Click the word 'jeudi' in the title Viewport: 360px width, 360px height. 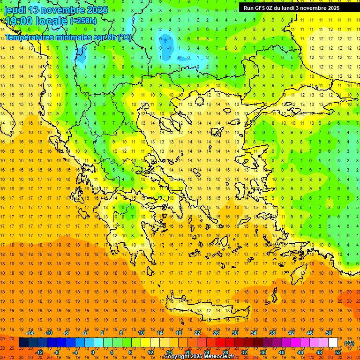[x=15, y=10]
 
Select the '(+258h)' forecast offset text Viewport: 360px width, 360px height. [x=84, y=21]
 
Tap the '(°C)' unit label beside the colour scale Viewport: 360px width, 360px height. [x=349, y=343]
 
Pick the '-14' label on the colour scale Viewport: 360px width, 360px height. [x=30, y=333]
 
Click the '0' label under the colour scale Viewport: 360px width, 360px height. [x=93, y=352]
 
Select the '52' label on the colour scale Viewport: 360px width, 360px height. [x=338, y=352]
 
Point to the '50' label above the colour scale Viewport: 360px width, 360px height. [x=329, y=333]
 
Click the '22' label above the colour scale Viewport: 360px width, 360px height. [x=197, y=333]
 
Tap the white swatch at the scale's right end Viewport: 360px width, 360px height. [x=333, y=343]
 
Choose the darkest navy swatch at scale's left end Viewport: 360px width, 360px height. [x=23, y=343]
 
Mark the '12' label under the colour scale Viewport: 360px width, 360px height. [x=150, y=352]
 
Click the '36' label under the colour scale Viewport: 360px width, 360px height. [x=263, y=352]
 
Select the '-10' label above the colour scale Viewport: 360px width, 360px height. [x=48, y=333]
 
